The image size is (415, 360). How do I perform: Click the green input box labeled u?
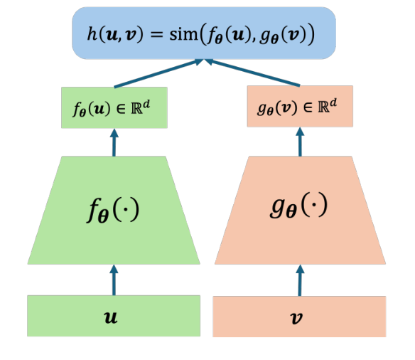(x=114, y=316)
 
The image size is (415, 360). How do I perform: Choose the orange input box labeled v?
(x=299, y=316)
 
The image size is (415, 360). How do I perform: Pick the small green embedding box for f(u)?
(x=114, y=107)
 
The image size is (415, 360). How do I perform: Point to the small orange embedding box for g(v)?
(x=299, y=107)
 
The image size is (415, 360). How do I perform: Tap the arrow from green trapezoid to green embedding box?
(x=114, y=142)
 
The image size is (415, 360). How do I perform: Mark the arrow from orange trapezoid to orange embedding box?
(x=299, y=142)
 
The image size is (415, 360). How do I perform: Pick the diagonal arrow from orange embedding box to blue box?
(x=252, y=73)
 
